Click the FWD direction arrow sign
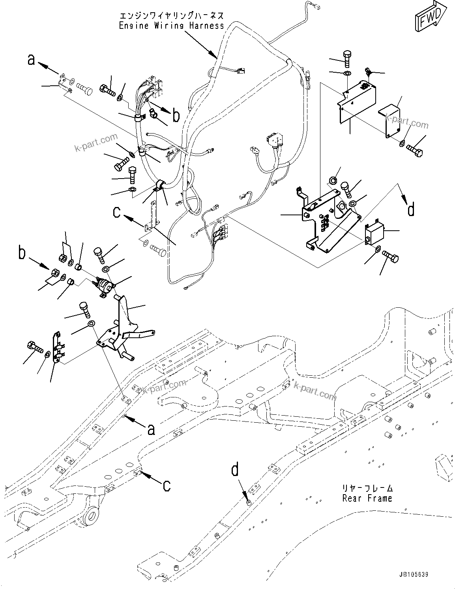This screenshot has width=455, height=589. [430, 17]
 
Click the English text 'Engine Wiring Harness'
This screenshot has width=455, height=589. [171, 26]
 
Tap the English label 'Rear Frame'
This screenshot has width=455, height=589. [367, 498]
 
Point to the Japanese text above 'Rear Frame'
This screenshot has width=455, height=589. [367, 488]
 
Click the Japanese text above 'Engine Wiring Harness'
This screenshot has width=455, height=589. [171, 16]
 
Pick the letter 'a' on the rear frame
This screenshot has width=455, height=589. [151, 429]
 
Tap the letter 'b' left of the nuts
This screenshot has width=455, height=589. [22, 253]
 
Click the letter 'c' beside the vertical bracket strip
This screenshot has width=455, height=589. [117, 212]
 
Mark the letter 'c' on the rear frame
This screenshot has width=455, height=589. [167, 485]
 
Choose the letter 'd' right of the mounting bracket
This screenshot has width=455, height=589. [411, 209]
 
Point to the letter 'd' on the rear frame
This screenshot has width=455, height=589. [235, 470]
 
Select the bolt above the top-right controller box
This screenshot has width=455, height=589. [348, 58]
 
